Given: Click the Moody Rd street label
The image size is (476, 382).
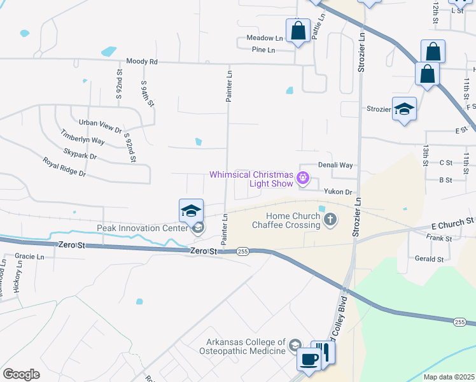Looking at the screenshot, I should click(x=141, y=62).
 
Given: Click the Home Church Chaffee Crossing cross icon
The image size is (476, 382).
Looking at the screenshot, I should click(x=330, y=220).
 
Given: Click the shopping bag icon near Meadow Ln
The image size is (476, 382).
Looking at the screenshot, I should click(x=297, y=30).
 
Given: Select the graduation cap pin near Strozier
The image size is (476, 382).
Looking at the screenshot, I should click(x=404, y=108).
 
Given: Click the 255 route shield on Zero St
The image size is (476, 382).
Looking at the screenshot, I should click(x=242, y=252).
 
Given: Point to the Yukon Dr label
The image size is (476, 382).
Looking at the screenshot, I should click(x=338, y=192).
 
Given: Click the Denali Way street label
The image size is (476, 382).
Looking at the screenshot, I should click(x=335, y=165).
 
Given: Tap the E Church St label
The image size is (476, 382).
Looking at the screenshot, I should click(x=452, y=222).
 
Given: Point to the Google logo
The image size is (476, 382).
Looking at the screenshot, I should click(x=21, y=374).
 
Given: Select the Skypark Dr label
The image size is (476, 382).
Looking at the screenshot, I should click(x=80, y=155).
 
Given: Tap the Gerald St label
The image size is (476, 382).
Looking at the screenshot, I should click(x=429, y=259).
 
